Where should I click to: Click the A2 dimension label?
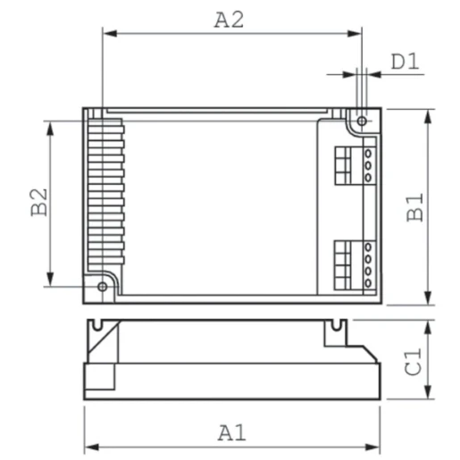[230, 20]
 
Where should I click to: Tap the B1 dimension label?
[414, 207]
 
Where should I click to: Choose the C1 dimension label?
[412, 364]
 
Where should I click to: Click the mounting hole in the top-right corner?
[362, 121]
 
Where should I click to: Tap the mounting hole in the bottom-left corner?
[102, 286]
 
